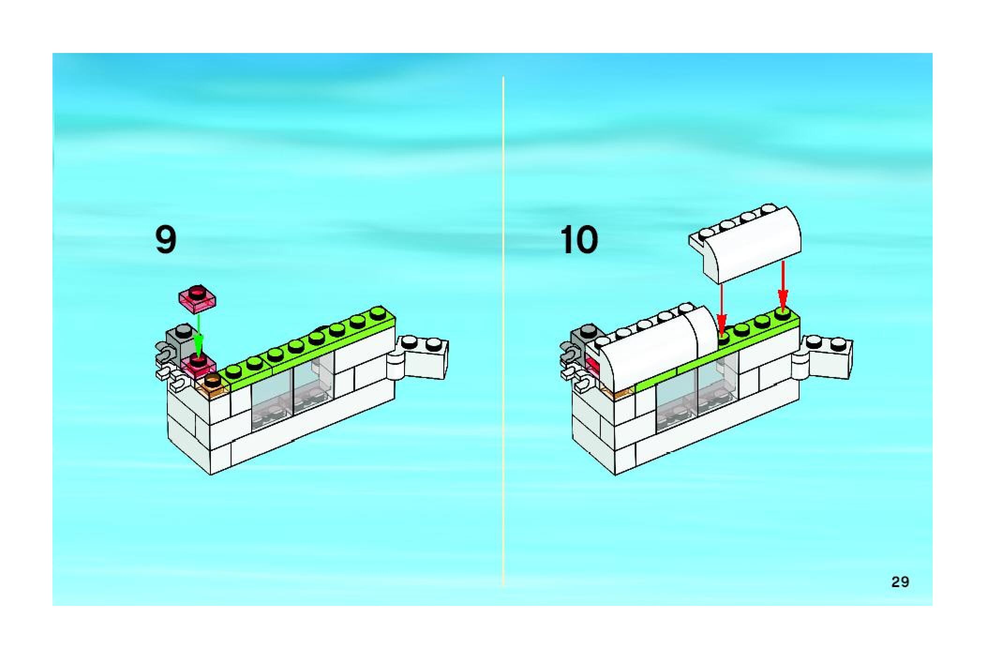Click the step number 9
tap(166, 240)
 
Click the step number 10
tap(579, 240)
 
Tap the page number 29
tap(900, 582)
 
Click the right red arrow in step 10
tap(782, 286)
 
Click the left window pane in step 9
tap(272, 403)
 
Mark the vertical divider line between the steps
tap(503, 328)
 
